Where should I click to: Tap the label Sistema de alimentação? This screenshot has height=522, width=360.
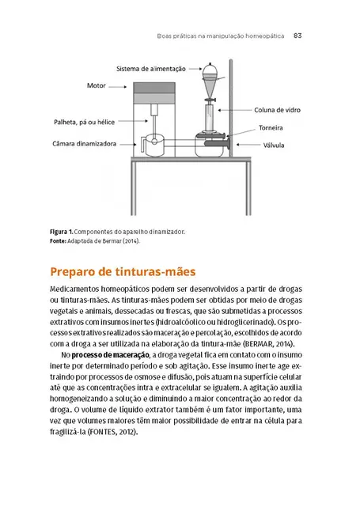coord(151,70)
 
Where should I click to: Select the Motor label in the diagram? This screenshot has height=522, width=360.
coord(97,85)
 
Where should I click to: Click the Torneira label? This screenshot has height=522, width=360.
coord(270,127)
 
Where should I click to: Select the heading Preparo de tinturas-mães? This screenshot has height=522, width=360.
coord(123,271)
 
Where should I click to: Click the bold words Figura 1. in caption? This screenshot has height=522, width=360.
coord(64,232)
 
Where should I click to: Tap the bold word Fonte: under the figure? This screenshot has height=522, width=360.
coord(63,241)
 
